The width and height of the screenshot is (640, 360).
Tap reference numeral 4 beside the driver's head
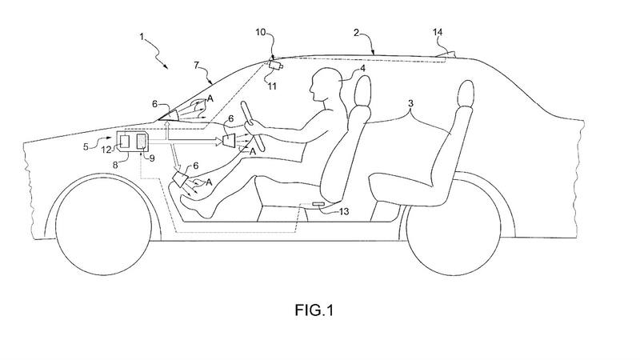[x=362, y=70]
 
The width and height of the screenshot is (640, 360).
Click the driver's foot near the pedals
[x=192, y=206]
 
